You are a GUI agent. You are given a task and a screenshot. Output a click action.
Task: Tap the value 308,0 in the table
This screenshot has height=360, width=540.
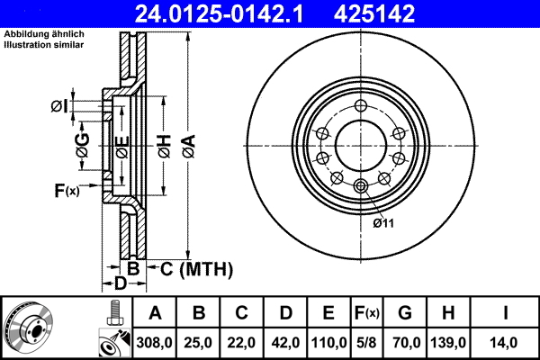click(155, 342)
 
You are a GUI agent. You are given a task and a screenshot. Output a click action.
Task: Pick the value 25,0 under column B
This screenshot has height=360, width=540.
click(199, 342)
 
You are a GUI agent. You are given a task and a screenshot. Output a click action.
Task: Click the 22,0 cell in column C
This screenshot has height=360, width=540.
click(242, 342)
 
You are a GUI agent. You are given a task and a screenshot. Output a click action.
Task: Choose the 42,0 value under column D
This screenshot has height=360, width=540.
click(285, 342)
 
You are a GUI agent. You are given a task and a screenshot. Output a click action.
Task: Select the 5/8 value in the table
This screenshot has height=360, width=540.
click(367, 342)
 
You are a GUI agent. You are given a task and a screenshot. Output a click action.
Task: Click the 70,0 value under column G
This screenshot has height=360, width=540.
click(406, 342)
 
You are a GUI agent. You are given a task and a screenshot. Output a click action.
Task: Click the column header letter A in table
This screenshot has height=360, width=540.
click(155, 313)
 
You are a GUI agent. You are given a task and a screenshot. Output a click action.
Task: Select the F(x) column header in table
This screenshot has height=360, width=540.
click(367, 313)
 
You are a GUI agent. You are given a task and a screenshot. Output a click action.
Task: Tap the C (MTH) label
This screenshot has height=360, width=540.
click(196, 269)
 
